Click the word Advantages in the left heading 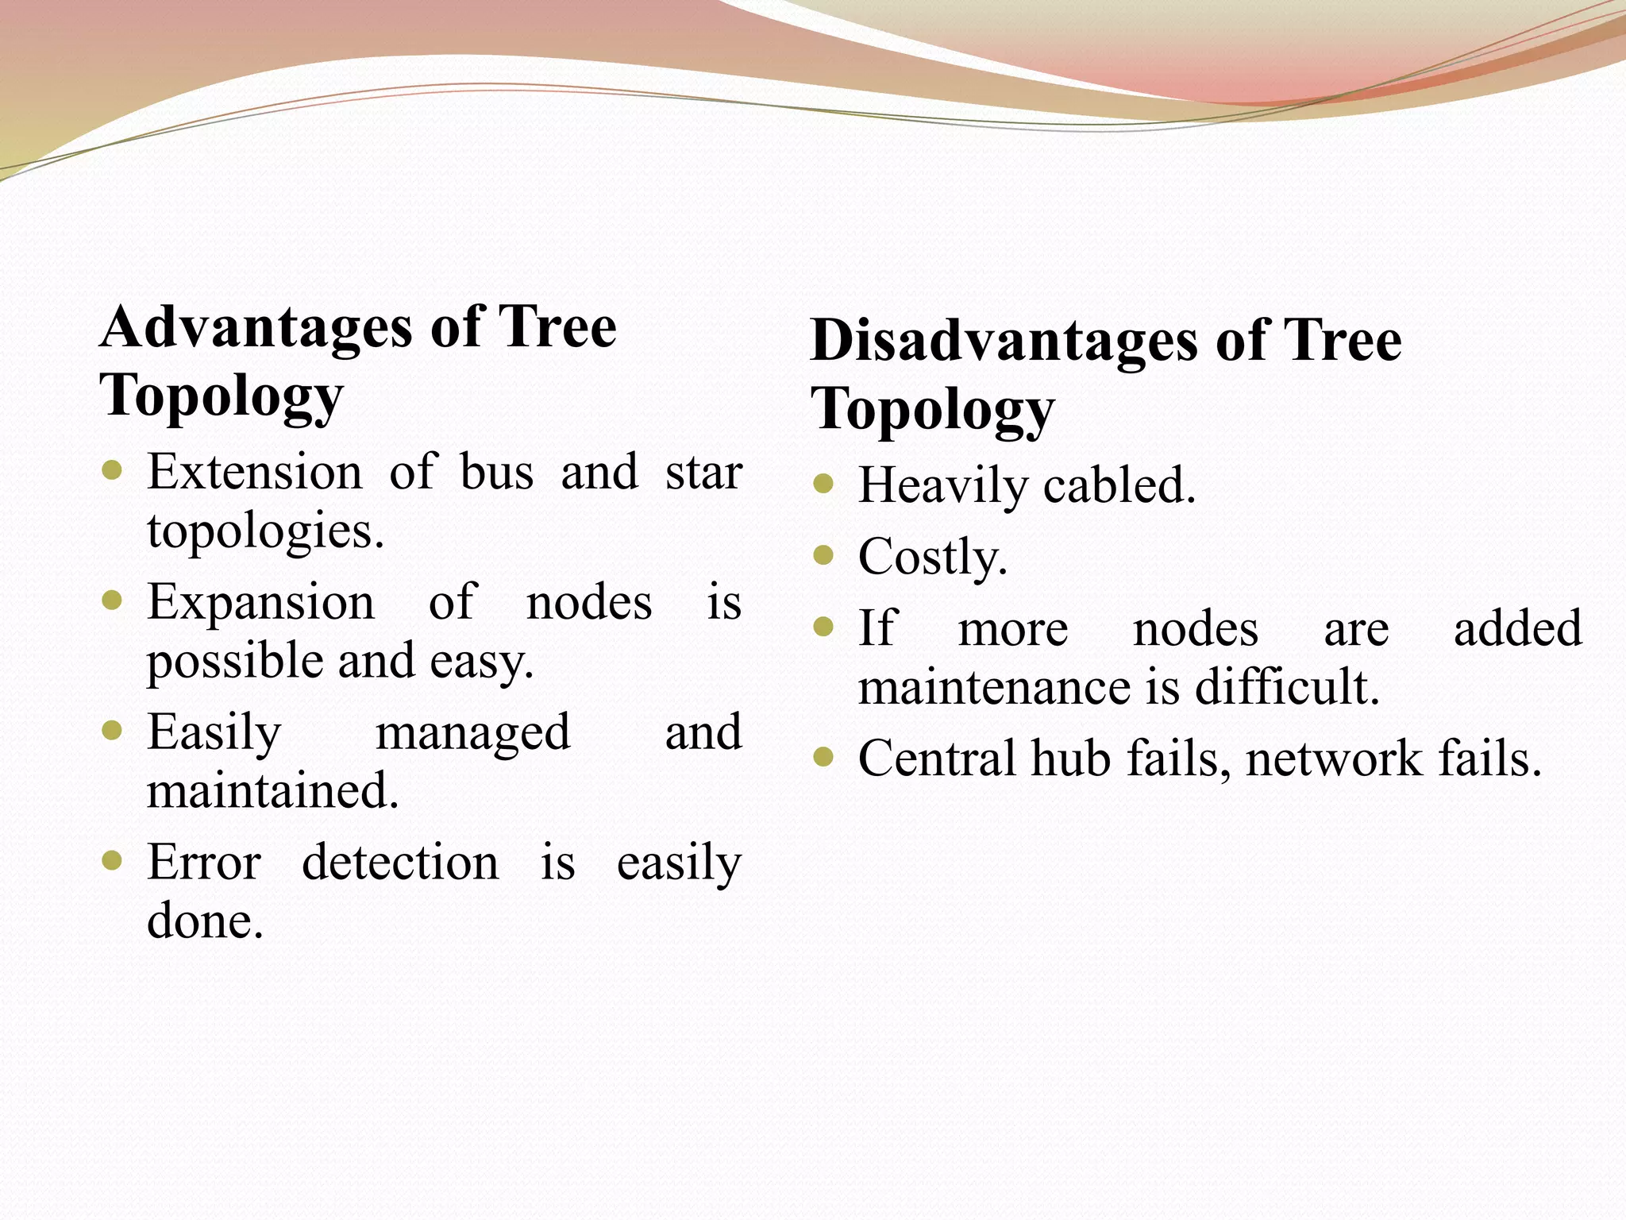(256, 327)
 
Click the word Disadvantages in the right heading (1004, 341)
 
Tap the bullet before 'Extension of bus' (113, 470)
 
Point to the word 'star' (703, 472)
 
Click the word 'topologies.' (265, 532)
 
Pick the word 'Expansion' (260, 602)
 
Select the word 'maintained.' (272, 791)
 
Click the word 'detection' (400, 863)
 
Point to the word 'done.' (205, 921)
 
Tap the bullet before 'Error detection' (113, 860)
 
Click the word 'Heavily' (942, 486)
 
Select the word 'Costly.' (933, 557)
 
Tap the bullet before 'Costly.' (824, 554)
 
